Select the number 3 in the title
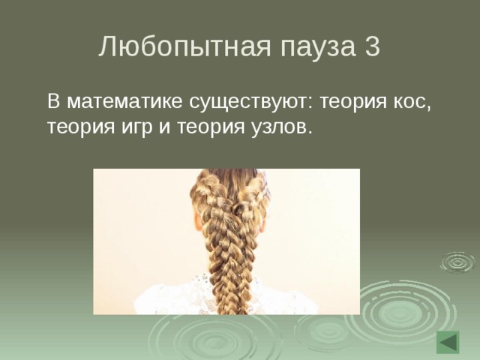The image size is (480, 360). (x=372, y=47)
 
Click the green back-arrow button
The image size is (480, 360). (x=448, y=342)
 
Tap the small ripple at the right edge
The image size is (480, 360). (x=457, y=262)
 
